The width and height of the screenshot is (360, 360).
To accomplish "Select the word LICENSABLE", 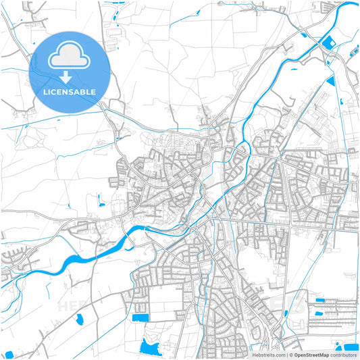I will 70,91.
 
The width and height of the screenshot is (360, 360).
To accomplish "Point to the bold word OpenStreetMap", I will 312,355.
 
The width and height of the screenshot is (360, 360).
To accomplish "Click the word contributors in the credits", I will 344,355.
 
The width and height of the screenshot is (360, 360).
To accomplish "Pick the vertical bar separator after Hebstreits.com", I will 287,355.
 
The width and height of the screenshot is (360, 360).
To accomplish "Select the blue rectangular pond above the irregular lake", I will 140,317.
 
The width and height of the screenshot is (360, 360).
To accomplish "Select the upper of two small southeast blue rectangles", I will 319,299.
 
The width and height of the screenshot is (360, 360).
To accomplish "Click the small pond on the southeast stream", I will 286,313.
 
